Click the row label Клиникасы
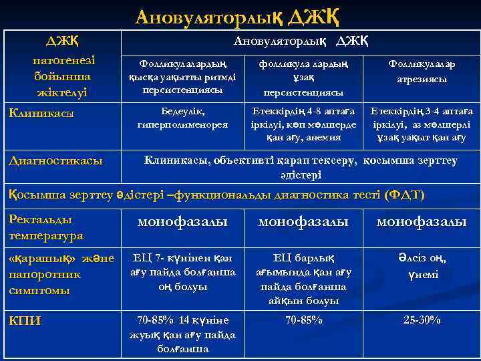[41, 113]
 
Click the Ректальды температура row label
[46, 227]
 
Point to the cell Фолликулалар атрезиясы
[422, 71]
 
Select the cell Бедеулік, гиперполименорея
[182, 117]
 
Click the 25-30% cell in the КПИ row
[422, 320]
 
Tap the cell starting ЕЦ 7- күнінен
[182, 272]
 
